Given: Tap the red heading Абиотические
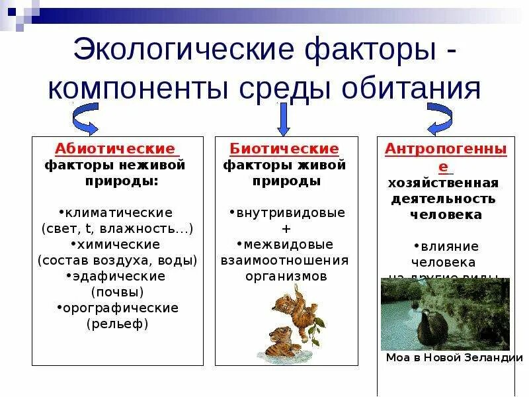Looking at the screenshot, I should [x=115, y=149].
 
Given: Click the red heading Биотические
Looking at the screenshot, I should [x=284, y=149].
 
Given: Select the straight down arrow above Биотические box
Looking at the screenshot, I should [x=284, y=118].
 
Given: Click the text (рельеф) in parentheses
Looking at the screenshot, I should [x=117, y=324].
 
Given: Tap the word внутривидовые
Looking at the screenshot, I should [x=287, y=213].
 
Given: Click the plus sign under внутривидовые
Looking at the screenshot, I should [x=286, y=229].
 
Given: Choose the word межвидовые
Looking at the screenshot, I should [x=287, y=245].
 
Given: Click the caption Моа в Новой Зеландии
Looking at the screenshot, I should [x=449, y=358].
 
